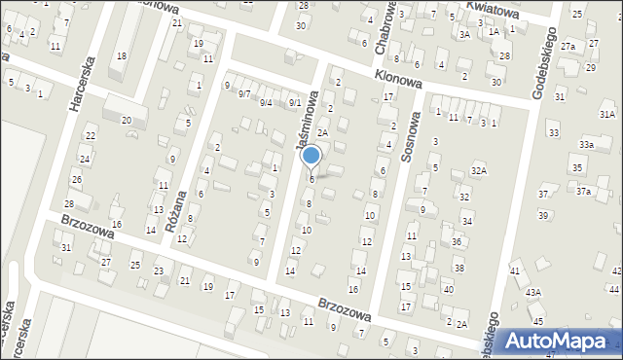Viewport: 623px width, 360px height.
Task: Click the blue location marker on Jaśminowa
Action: click(x=311, y=156)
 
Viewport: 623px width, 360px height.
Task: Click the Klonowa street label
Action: click(x=398, y=82)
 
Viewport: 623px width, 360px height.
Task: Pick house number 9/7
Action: click(x=244, y=93)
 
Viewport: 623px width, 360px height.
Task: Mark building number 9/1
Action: click(x=294, y=102)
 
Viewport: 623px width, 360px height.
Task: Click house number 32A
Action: click(x=478, y=170)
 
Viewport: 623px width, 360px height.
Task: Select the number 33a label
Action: click(x=586, y=144)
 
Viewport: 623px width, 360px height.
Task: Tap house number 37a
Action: click(x=582, y=192)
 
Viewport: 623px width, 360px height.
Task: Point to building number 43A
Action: click(x=533, y=292)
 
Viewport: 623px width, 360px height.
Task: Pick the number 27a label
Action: click(x=567, y=47)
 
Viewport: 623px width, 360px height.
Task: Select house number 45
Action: click(x=537, y=320)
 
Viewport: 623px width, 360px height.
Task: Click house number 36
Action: click(x=457, y=241)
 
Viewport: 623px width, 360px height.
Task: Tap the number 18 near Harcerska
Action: click(x=122, y=55)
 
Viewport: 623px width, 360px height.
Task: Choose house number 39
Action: click(x=543, y=214)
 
